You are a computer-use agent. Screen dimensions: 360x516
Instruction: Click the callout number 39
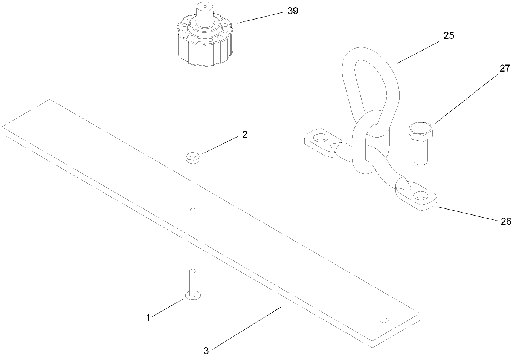(293, 11)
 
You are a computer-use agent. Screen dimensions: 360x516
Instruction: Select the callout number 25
(449, 35)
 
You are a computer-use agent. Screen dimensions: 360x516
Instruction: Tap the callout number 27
(505, 69)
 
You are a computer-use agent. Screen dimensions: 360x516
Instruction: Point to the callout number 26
(506, 221)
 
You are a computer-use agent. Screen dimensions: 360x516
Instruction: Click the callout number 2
(244, 135)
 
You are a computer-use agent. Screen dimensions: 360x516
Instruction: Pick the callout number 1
(148, 318)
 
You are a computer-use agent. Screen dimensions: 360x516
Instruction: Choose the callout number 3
(206, 351)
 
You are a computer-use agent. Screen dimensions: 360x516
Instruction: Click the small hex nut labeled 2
(192, 157)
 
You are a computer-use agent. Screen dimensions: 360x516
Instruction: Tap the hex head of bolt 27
(421, 130)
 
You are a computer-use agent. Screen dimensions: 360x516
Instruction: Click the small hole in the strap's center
(193, 209)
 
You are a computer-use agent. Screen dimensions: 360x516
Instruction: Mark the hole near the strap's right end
(384, 320)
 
